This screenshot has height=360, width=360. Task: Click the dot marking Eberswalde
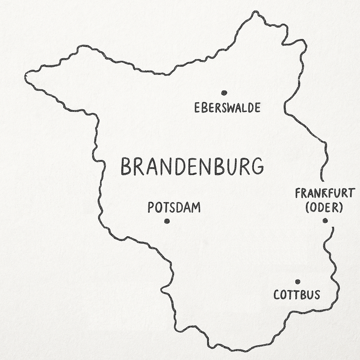click(x=224, y=93)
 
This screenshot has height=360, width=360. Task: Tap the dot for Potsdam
click(x=167, y=221)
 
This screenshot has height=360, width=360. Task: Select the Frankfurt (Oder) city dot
click(x=325, y=220)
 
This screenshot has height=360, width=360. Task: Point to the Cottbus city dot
click(x=298, y=282)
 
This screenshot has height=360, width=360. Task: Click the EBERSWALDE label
click(x=227, y=108)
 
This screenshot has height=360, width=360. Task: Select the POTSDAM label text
click(x=174, y=207)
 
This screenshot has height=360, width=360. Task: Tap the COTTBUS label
click(x=297, y=295)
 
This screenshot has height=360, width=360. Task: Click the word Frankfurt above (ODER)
click(x=325, y=193)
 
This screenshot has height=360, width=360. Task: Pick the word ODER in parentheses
click(x=324, y=208)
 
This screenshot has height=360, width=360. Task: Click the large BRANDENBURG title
click(x=192, y=166)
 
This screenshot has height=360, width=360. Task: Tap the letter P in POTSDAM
click(x=151, y=207)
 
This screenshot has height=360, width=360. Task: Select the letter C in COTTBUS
click(x=277, y=295)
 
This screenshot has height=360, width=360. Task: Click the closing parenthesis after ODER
click(x=341, y=208)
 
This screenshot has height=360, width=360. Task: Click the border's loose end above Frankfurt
click(x=321, y=180)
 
